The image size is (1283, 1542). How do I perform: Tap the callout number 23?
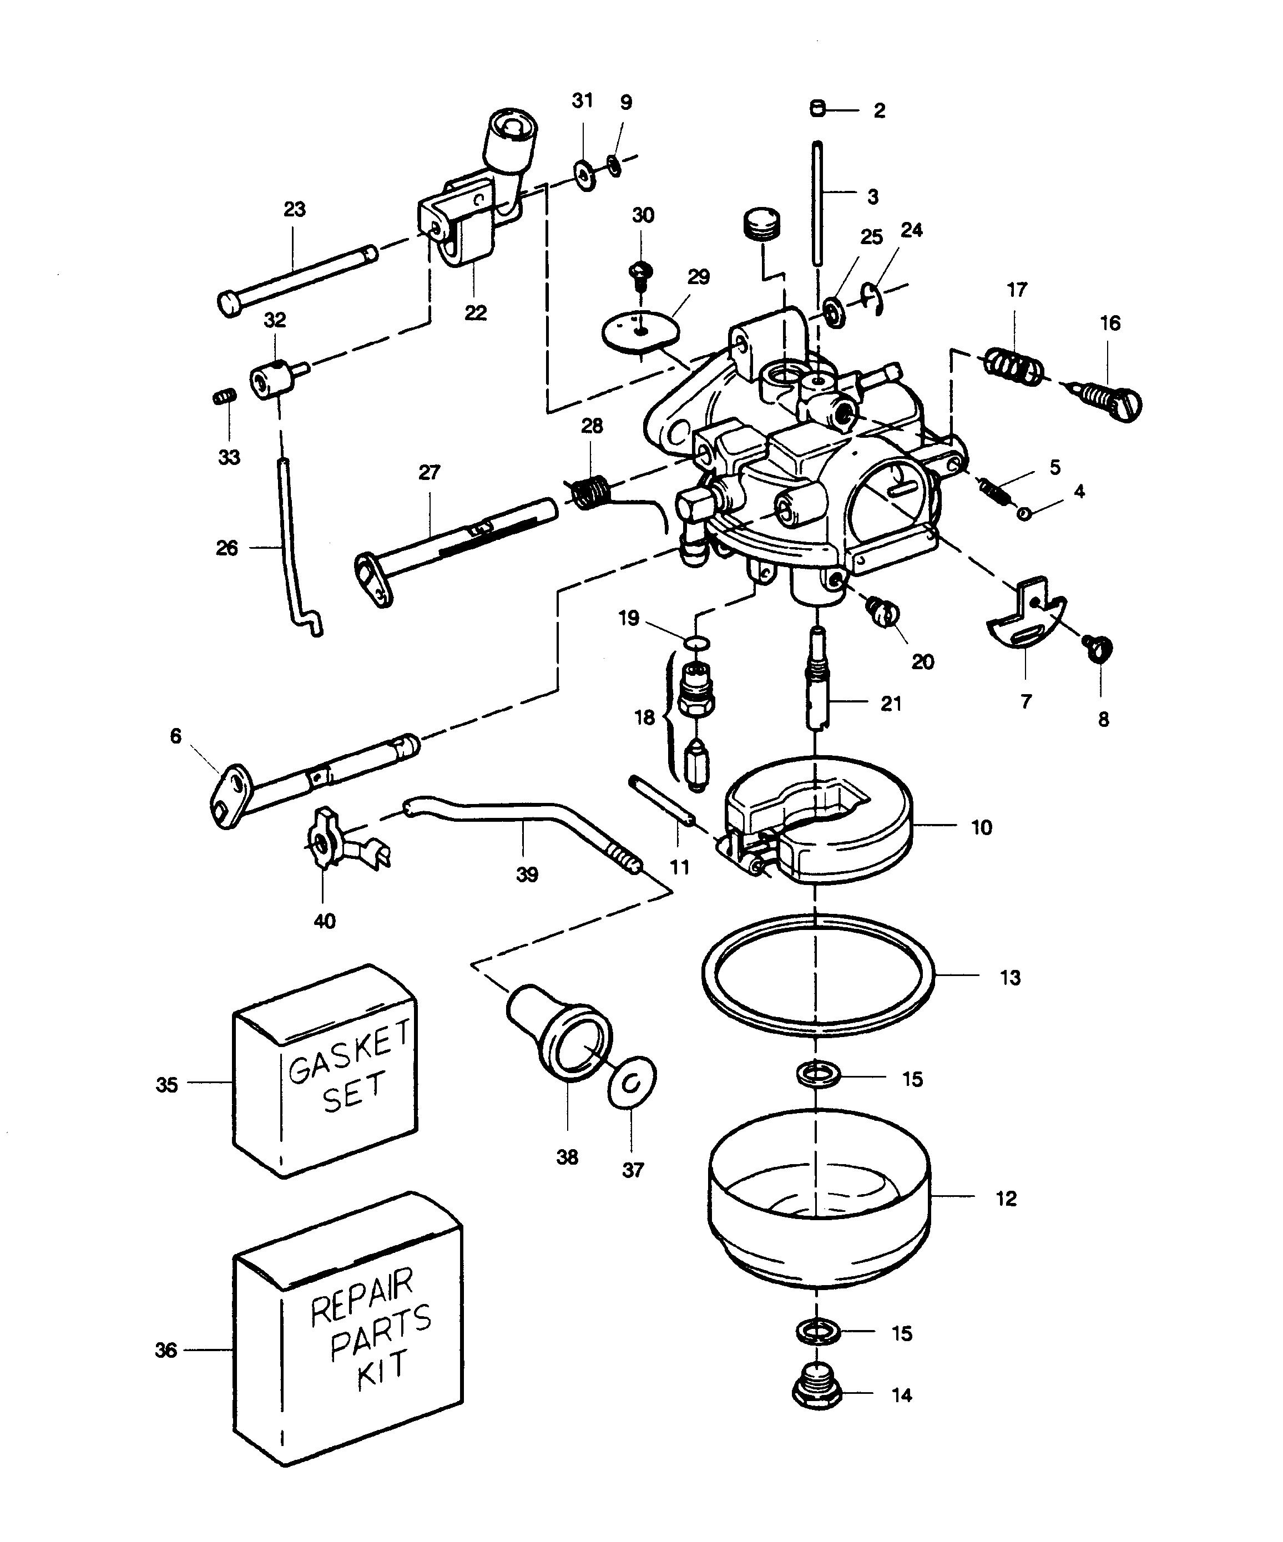295,209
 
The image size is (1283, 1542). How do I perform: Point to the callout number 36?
166,1351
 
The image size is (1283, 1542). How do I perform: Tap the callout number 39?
527,874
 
